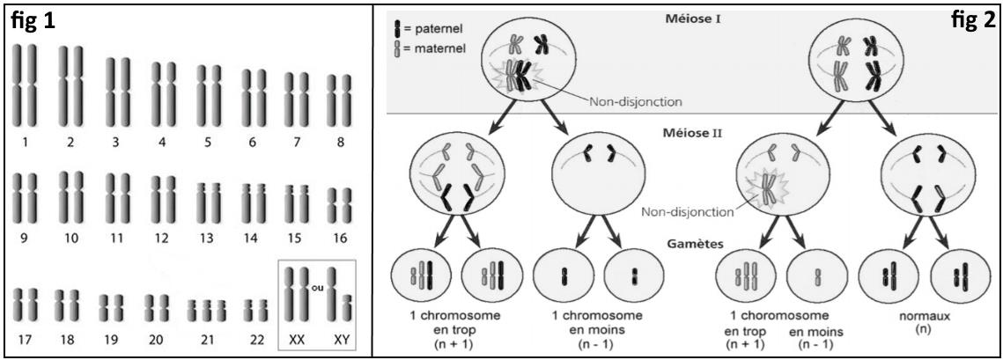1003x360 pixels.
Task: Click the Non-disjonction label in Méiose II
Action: (x=690, y=211)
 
